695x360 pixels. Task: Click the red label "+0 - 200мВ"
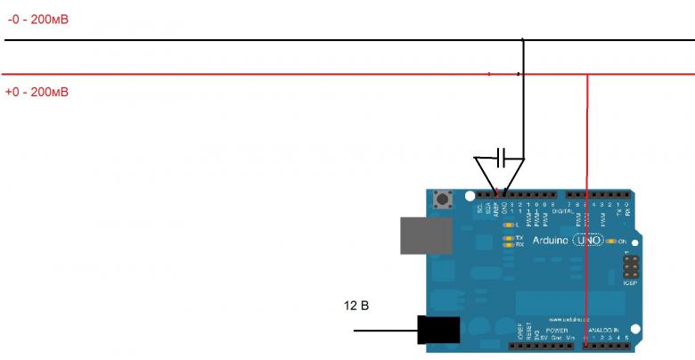[x=37, y=92]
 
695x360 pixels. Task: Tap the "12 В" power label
[x=356, y=307]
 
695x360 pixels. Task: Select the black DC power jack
[x=438, y=331]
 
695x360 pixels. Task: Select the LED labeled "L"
[x=509, y=225]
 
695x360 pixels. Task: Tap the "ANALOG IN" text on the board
[x=610, y=329]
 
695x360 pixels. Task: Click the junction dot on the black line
[x=523, y=40]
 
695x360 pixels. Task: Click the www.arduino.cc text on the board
[x=567, y=318]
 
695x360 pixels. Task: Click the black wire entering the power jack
[x=383, y=331]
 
